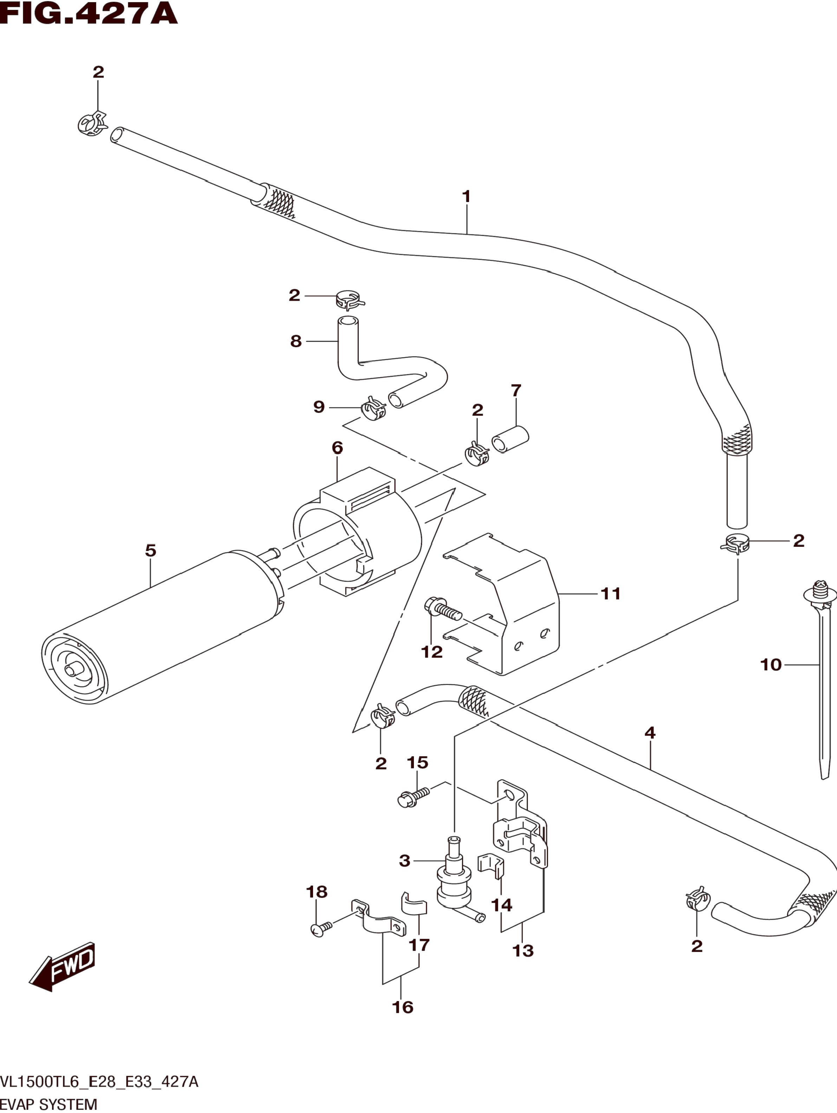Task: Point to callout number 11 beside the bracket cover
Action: [611, 594]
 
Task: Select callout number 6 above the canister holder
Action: [337, 447]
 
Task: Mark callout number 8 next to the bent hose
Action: [296, 341]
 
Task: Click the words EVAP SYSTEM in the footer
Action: [49, 1104]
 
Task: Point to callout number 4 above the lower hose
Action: [650, 733]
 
